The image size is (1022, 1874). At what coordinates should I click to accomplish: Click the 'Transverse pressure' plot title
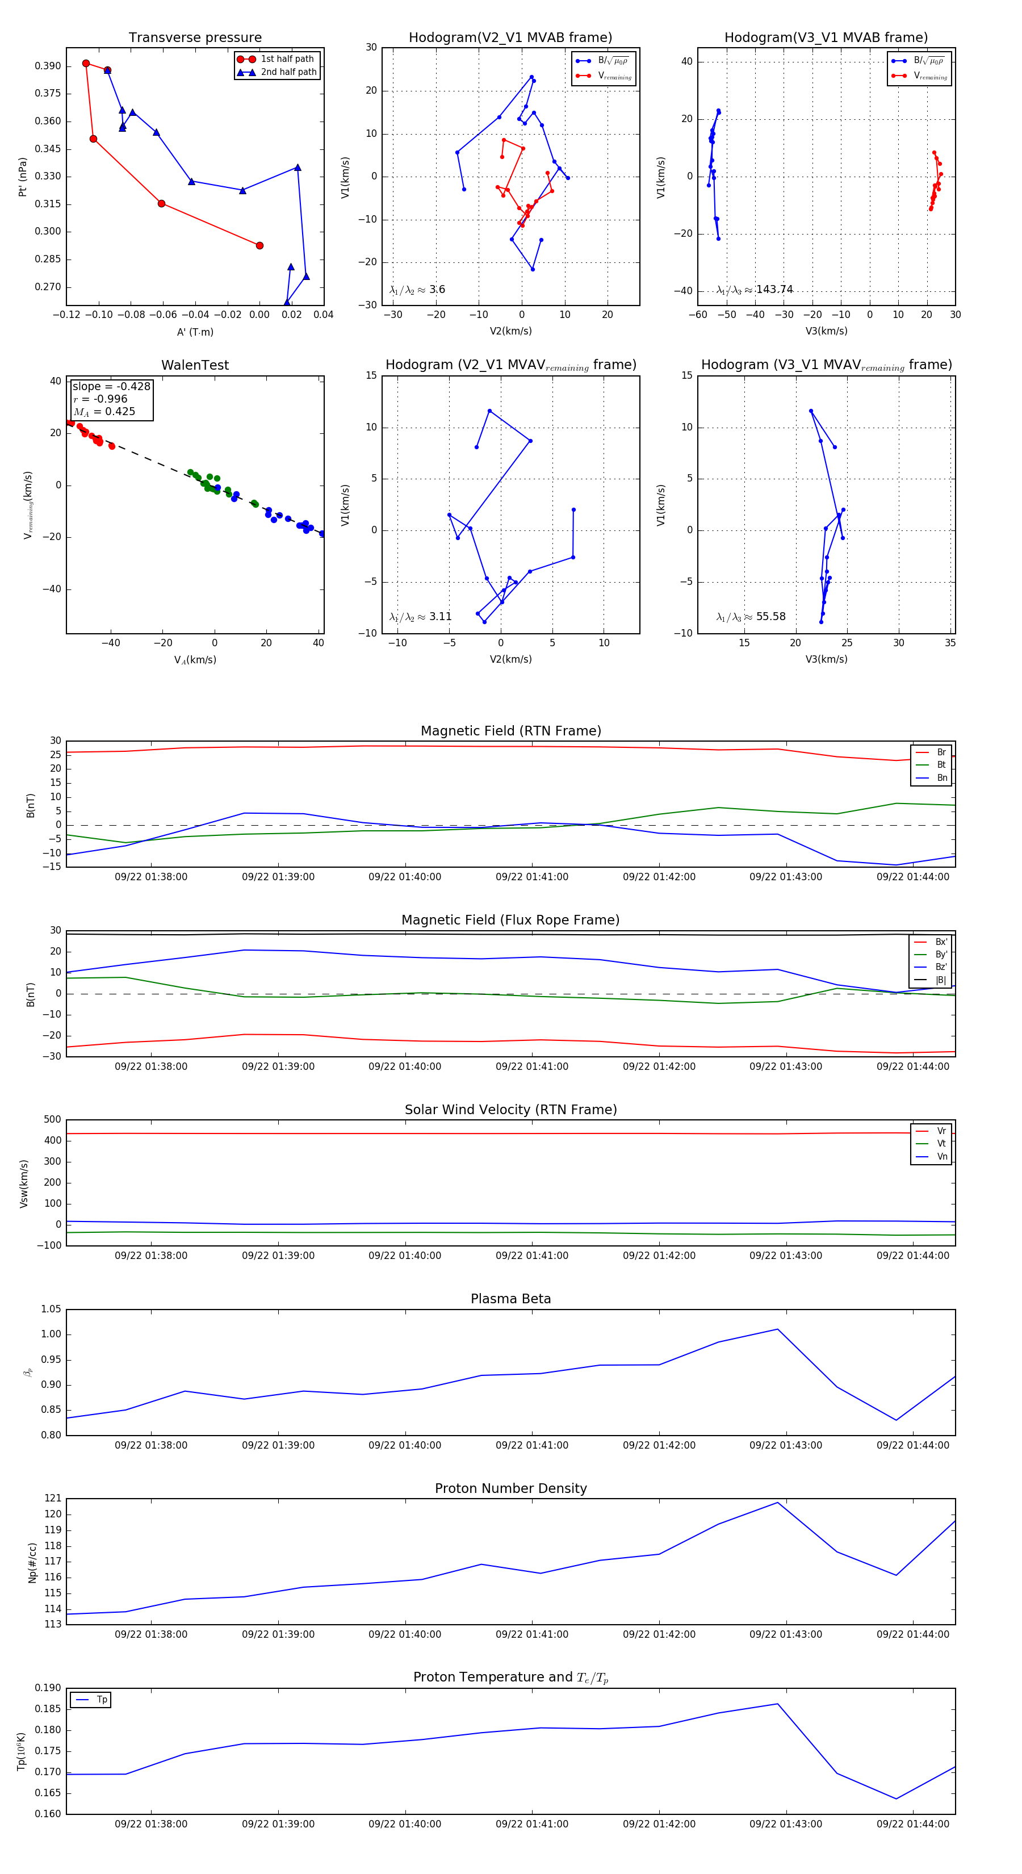pos(195,38)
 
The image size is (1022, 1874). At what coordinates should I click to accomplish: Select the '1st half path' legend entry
pos(287,59)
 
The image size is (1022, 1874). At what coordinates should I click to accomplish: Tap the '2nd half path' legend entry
pos(288,72)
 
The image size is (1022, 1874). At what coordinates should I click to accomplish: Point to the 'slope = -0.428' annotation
pos(111,386)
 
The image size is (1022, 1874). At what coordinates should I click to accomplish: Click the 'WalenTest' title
pos(195,365)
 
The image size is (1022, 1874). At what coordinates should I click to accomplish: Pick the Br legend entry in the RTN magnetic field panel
pos(941,752)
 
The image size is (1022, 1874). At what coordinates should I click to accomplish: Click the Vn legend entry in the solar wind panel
pos(941,1157)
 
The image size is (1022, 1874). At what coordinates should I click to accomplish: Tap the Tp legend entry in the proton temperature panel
pos(101,1700)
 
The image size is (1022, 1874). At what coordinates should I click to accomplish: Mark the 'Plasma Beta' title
pos(510,1299)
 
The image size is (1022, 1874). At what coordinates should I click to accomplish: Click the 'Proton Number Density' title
pos(510,1488)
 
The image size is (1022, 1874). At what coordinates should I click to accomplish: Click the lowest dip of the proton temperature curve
pos(896,1799)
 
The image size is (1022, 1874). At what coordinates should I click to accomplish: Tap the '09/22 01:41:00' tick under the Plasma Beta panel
pos(532,1445)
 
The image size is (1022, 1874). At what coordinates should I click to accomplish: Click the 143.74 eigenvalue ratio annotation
pos(774,290)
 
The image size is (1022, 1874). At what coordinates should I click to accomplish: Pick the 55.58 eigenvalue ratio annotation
pos(770,617)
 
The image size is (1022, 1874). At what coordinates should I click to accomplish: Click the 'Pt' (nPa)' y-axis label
pos(23,177)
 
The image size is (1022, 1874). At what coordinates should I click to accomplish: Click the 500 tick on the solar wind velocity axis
pos(52,1120)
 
